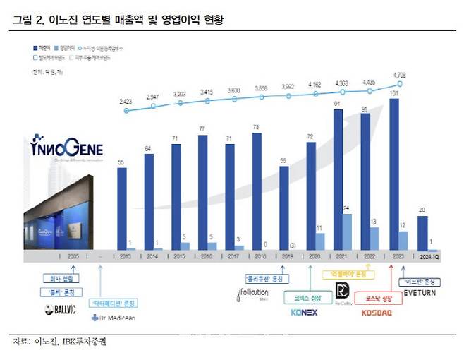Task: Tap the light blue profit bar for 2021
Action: point(347,232)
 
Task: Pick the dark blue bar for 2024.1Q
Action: point(422,232)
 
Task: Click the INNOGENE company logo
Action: point(67,150)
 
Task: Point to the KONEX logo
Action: point(304,311)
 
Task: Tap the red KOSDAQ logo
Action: point(376,311)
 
